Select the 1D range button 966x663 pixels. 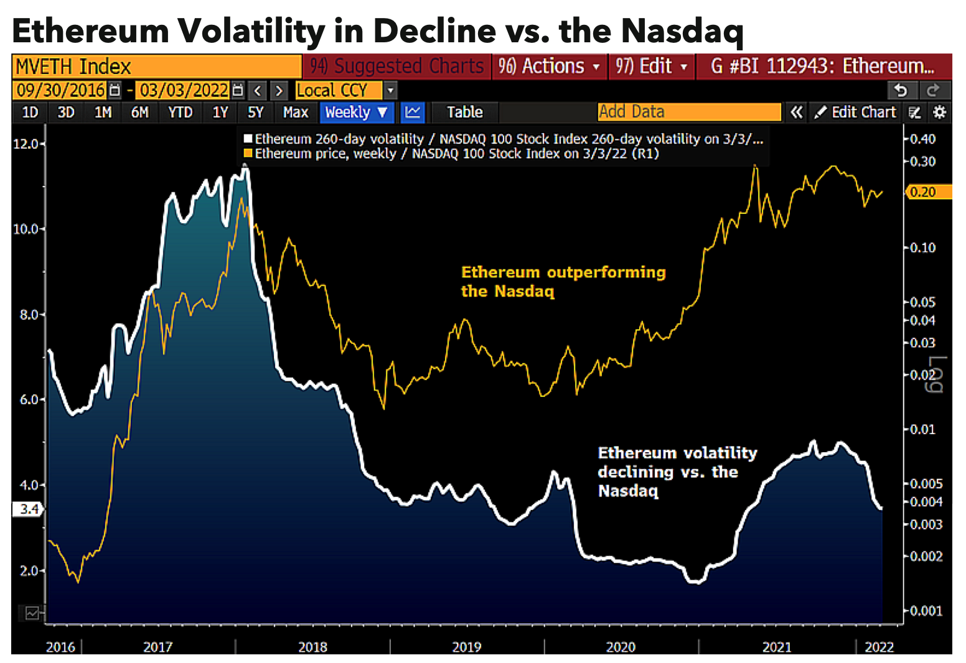coord(30,113)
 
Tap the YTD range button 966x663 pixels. coord(181,113)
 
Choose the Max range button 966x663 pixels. coord(296,113)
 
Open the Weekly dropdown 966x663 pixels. coord(356,113)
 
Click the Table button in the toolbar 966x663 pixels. coord(465,113)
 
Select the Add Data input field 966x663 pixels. coord(688,112)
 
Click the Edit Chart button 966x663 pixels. coord(856,113)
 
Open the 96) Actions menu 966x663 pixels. coord(549,66)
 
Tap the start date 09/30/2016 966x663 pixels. coord(60,91)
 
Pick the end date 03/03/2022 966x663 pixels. coord(184,91)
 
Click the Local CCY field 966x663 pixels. coord(338,91)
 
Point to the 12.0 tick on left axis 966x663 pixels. coord(26,144)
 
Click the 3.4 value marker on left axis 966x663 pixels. coord(28,509)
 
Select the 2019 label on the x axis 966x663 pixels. coord(467,647)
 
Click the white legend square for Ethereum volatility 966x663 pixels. coord(248,139)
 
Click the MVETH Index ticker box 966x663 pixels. coord(156,67)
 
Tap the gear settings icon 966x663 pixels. coord(940,113)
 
